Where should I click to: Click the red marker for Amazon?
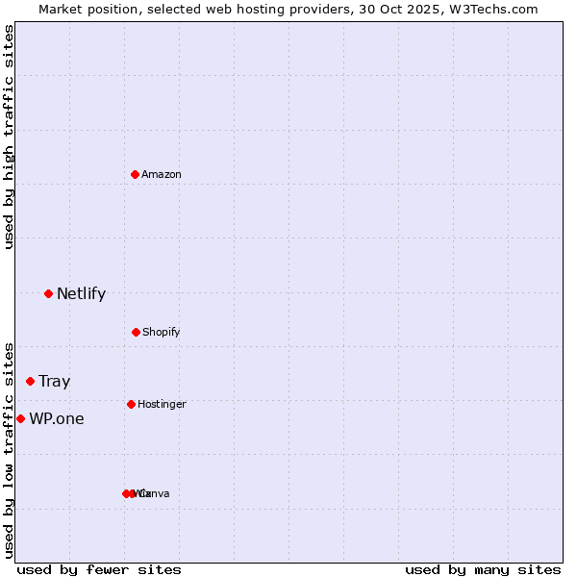pyautogui.click(x=135, y=174)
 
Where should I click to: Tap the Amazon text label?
pyautogui.click(x=162, y=175)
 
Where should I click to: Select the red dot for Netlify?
pyautogui.click(x=48, y=293)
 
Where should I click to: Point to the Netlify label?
pyautogui.click(x=81, y=294)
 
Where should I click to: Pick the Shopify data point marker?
pyautogui.click(x=136, y=332)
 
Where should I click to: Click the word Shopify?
pyautogui.click(x=161, y=333)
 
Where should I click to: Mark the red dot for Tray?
pyautogui.click(x=30, y=381)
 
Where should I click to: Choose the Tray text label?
pyautogui.click(x=55, y=382)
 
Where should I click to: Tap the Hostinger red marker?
pyautogui.click(x=131, y=404)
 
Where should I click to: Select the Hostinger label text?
pyautogui.click(x=162, y=405)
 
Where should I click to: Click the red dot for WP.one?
pyautogui.click(x=20, y=418)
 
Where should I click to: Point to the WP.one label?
pyautogui.click(x=57, y=419)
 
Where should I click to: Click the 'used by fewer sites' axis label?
pyautogui.click(x=99, y=569)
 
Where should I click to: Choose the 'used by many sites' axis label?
pyautogui.click(x=483, y=569)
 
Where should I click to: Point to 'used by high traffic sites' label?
pyautogui.click(x=9, y=138)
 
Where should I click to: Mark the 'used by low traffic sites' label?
pyautogui.click(x=9, y=449)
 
